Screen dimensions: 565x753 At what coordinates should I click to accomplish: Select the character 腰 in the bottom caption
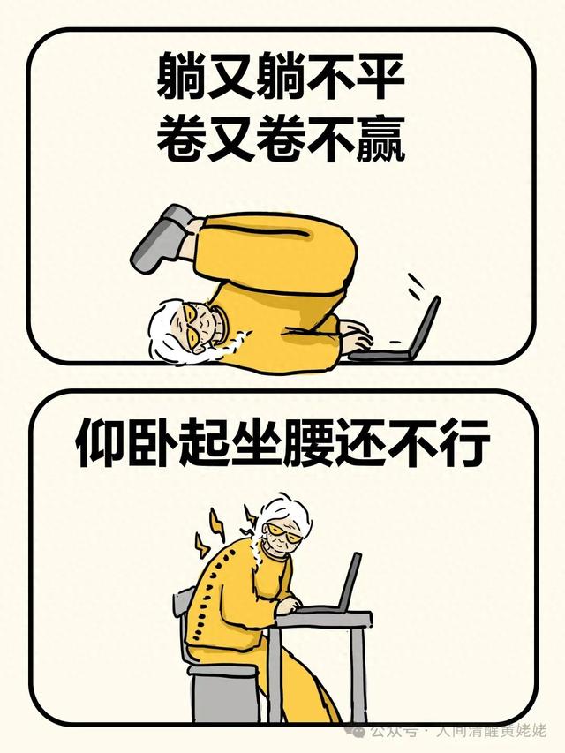tap(307, 443)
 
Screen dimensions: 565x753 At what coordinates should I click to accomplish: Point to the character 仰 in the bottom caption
tap(102, 443)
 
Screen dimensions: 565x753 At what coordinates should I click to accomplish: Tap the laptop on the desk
tap(332, 585)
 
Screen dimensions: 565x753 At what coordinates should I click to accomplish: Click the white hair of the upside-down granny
tap(166, 330)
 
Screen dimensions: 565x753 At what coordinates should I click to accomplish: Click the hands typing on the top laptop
tap(356, 336)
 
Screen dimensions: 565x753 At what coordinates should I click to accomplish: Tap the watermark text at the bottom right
tap(456, 732)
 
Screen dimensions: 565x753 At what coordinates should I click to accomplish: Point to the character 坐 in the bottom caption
tap(256, 443)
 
